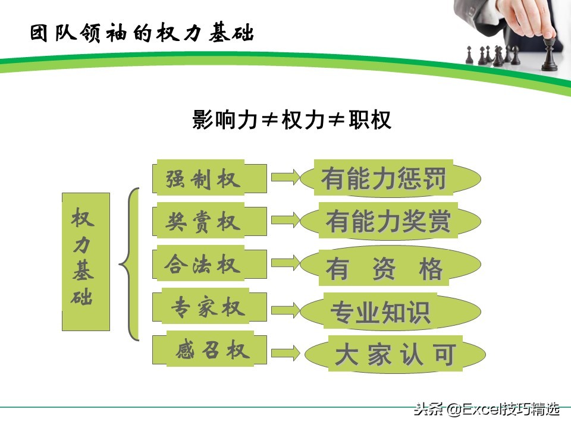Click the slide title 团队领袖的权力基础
pyautogui.click(x=142, y=33)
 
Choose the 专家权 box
pyautogui.click(x=207, y=307)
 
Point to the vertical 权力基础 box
pyautogui.click(x=86, y=262)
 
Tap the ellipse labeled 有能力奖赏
pyautogui.click(x=390, y=221)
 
